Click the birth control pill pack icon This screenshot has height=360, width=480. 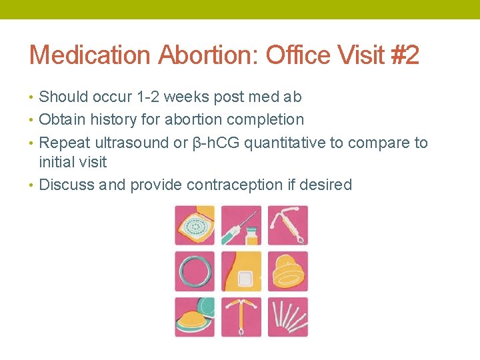click(195, 225)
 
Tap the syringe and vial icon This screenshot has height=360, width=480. click(241, 225)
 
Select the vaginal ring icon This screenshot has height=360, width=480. click(195, 271)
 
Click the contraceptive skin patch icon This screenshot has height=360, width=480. click(241, 271)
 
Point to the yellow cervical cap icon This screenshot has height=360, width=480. click(287, 271)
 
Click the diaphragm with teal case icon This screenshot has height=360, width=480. click(195, 317)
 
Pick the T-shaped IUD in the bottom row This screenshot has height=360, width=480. click(241, 317)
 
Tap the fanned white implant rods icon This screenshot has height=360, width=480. click(287, 317)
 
